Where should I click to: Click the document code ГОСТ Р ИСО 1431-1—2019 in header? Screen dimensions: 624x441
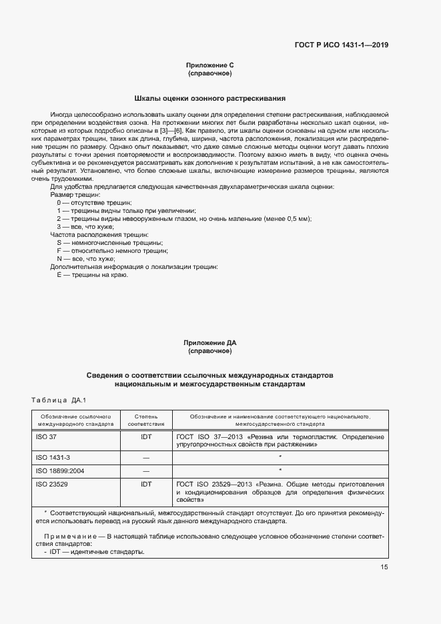click(x=341, y=45)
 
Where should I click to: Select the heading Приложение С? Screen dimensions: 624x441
click(x=210, y=65)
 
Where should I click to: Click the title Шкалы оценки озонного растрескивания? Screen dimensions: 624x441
click(x=210, y=97)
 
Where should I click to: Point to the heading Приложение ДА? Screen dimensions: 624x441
click(x=210, y=343)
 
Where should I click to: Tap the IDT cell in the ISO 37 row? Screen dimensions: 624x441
click(x=146, y=436)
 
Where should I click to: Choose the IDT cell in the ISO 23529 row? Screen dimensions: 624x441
click(x=146, y=483)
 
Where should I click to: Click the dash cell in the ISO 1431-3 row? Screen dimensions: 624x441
click(x=146, y=457)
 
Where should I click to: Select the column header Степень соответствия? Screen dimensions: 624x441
click(x=146, y=419)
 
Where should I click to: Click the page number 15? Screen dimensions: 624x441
click(x=384, y=567)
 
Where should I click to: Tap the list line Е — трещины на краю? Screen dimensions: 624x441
click(x=92, y=274)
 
